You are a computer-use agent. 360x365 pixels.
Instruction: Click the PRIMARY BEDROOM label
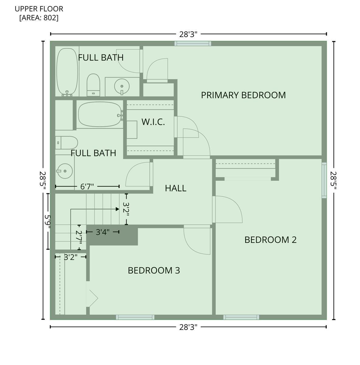(x=243, y=95)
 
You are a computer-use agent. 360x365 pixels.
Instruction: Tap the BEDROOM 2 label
(x=270, y=240)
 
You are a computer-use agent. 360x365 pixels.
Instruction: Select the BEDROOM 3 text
(x=154, y=270)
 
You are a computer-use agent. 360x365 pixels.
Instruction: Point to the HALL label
(x=176, y=188)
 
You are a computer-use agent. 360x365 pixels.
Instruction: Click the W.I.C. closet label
(x=153, y=122)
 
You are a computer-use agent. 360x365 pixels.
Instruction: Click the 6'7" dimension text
(x=87, y=186)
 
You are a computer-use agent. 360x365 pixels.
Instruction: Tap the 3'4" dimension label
(x=103, y=232)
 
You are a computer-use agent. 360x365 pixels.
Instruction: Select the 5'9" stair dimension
(x=47, y=221)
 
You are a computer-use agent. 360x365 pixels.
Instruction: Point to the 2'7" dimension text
(x=79, y=237)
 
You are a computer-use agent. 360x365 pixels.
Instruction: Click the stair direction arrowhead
(x=117, y=209)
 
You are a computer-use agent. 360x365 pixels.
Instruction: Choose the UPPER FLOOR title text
(x=39, y=9)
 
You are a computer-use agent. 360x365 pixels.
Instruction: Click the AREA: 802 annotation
(x=39, y=18)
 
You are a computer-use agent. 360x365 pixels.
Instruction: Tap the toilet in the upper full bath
(x=93, y=85)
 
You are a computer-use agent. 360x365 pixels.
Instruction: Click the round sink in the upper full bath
(x=122, y=86)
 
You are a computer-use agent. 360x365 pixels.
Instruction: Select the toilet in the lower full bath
(x=67, y=143)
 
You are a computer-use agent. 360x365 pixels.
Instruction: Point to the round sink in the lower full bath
(x=65, y=171)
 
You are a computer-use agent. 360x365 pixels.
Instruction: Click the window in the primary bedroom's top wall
(x=193, y=43)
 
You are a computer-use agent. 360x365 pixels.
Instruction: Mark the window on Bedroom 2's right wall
(x=324, y=180)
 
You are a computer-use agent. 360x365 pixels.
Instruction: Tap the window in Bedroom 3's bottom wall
(x=135, y=317)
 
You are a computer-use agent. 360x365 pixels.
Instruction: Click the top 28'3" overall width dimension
(x=188, y=34)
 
